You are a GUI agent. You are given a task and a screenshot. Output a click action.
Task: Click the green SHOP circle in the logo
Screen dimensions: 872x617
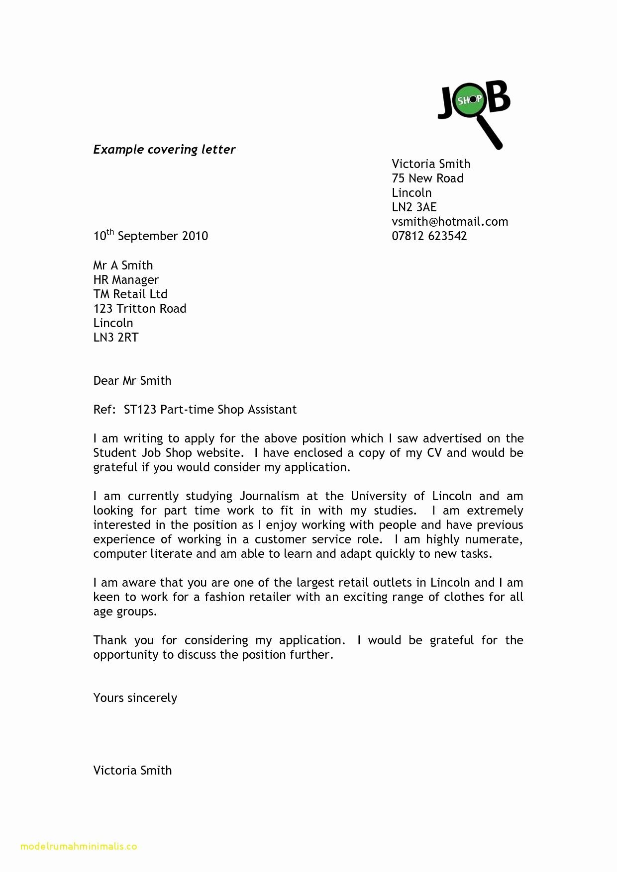[x=470, y=100]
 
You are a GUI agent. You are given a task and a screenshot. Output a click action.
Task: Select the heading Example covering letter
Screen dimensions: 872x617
[x=164, y=150]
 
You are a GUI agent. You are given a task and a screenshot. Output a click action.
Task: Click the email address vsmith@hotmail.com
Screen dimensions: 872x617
[x=450, y=222]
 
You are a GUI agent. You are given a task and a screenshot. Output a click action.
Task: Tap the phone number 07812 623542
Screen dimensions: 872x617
[x=429, y=236]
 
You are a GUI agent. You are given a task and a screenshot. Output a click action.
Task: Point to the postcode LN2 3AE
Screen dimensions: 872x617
[x=414, y=207]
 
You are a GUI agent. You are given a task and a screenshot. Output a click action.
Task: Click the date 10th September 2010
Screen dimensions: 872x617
[x=150, y=236]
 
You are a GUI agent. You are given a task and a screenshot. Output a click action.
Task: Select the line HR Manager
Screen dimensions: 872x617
[x=126, y=280]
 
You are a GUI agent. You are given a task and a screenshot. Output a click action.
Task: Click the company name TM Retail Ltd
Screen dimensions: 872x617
[x=130, y=294]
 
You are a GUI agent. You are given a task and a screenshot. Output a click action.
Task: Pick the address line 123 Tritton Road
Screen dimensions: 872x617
[x=140, y=309]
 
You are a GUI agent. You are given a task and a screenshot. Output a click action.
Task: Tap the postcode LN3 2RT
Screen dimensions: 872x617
[x=116, y=338]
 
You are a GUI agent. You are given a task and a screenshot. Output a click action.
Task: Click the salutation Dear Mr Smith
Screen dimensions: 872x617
[x=132, y=381]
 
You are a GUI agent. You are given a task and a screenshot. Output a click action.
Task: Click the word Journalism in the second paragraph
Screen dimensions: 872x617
[x=270, y=496]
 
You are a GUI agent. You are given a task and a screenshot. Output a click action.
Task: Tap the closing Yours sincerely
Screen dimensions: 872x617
[x=135, y=698]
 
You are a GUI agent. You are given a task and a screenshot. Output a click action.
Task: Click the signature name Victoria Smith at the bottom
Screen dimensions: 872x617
[x=132, y=771]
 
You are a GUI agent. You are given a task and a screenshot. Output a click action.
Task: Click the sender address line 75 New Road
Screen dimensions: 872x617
[x=427, y=178]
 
